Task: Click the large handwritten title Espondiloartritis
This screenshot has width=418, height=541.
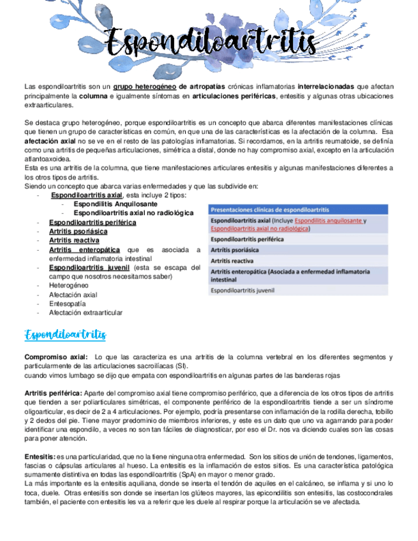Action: click(211, 43)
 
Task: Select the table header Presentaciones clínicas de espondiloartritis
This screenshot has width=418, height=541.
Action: click(270, 209)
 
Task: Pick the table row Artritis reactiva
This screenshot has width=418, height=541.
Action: click(232, 261)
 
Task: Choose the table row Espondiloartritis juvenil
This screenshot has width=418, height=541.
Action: click(243, 290)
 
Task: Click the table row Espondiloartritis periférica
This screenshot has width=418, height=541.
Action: click(248, 239)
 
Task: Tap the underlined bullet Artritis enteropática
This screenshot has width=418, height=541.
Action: click(84, 249)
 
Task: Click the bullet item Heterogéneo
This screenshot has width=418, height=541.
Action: click(69, 285)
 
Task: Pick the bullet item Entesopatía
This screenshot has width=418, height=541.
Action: click(68, 304)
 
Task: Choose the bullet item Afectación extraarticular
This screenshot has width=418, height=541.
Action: click(86, 313)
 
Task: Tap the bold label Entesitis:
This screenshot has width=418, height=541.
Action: click(40, 457)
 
